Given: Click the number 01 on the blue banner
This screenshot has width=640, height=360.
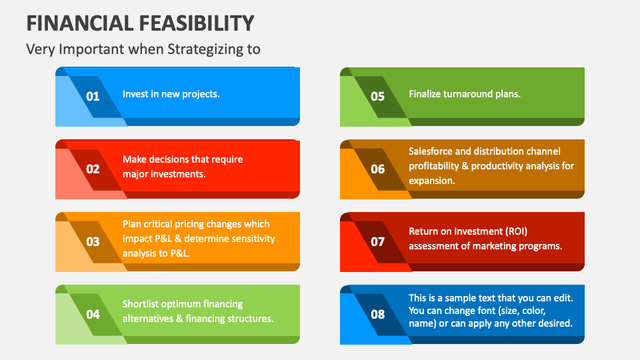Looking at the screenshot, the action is [93, 96].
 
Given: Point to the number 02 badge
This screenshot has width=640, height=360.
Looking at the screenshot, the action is [93, 169].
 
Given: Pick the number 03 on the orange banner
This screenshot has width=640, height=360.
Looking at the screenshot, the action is [93, 241].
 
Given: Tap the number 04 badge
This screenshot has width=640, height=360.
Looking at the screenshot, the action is [93, 314].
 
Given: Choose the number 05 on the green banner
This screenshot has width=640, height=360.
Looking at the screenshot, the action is [377, 96].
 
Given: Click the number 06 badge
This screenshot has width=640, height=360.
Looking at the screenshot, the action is [377, 169].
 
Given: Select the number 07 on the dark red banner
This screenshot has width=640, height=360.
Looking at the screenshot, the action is [377, 241].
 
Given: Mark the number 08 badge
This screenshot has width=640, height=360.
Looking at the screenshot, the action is [377, 314].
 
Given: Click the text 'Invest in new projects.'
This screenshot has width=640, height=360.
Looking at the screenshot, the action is [171, 94].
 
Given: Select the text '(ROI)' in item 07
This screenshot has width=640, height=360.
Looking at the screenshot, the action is [516, 231].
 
